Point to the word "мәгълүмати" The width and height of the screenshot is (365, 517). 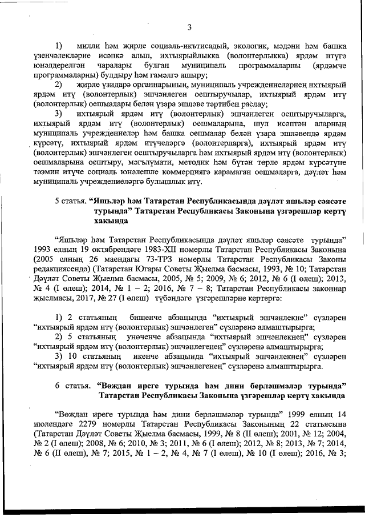pyautogui.click(x=137, y=164)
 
